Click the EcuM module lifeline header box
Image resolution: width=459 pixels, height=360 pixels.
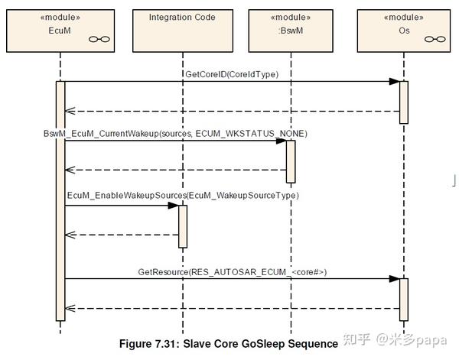pos(60,31)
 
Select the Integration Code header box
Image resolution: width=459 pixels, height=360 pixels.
pos(183,31)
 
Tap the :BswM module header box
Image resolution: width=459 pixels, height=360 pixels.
pos(291,31)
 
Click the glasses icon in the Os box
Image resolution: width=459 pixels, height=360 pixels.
pos(435,39)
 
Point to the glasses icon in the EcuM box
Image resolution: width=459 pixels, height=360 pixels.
pos(99,39)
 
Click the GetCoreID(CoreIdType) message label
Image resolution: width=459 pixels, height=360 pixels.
pos(232,74)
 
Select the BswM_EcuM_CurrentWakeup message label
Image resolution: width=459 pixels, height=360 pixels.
pos(175,134)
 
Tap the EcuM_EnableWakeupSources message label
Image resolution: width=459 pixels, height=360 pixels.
pos(183,196)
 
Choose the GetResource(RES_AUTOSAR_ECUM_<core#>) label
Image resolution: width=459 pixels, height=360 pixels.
pos(232,272)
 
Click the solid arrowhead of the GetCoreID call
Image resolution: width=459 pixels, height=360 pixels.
pos(394,82)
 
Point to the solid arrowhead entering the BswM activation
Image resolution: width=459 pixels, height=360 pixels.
pos(281,141)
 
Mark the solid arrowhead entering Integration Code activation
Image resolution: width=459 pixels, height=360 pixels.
pos(174,206)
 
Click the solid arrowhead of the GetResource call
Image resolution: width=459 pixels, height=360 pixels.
pos(394,279)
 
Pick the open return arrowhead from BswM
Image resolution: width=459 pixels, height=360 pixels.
pos(70,170)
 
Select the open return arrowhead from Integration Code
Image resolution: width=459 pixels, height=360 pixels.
pos(70,235)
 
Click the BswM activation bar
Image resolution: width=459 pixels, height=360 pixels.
pos(291,162)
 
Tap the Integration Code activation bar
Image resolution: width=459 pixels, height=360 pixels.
pos(183,226)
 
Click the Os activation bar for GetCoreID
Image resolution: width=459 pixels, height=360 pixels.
pos(404,102)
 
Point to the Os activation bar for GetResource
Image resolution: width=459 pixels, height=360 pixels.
pos(404,300)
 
